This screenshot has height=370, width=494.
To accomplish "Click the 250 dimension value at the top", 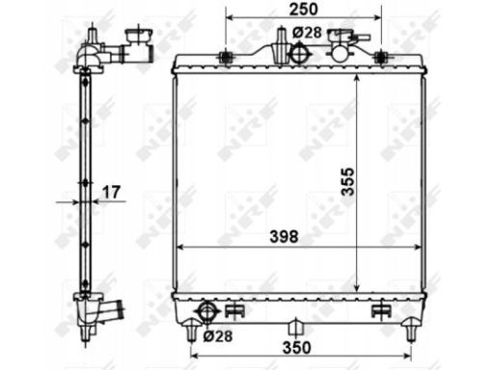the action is (303, 10).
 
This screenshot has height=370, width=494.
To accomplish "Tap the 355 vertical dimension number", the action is (347, 181).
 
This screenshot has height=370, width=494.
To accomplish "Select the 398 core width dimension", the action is (284, 237).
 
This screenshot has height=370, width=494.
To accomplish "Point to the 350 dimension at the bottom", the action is (297, 347).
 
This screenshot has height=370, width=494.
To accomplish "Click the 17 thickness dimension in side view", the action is (111, 192).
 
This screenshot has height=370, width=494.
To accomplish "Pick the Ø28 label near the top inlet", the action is (307, 32).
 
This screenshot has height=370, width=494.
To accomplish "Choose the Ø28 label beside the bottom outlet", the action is (218, 336).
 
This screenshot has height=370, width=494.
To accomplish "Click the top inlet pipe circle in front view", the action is (299, 54).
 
